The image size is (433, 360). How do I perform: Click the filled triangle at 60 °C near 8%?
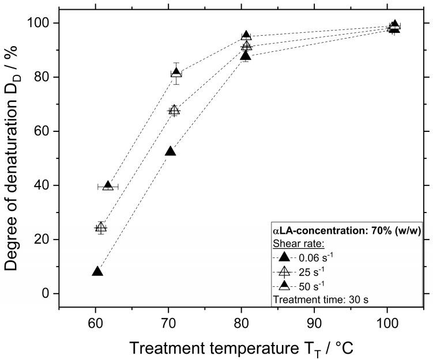97,271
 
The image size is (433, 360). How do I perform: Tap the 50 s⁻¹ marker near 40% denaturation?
108,185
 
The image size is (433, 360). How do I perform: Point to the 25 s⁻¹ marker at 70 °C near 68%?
174,109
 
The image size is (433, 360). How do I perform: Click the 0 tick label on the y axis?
48,294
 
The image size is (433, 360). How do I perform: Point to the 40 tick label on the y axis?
44,185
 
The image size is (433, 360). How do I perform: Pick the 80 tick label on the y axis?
44,77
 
